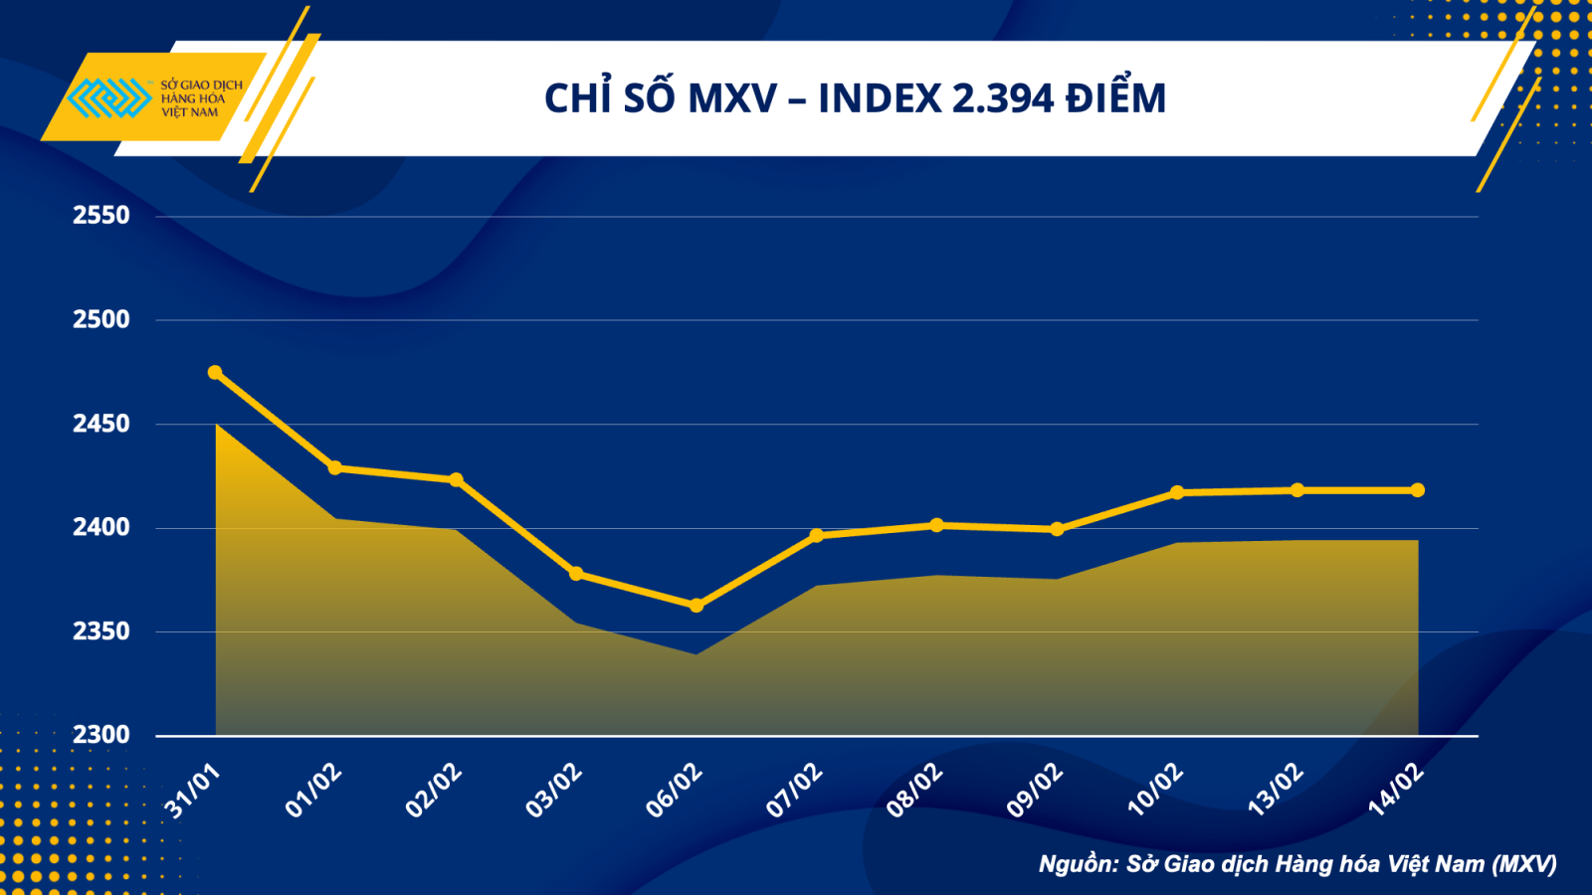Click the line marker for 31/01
(x=215, y=373)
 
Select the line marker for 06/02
(x=696, y=606)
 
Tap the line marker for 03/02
(x=576, y=574)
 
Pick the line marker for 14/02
(x=1418, y=490)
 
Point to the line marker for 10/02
(x=1177, y=492)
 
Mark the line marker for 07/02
(x=817, y=535)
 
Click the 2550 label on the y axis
(x=100, y=215)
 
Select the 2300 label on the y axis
(x=100, y=735)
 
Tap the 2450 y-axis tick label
(x=100, y=424)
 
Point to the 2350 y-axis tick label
(x=100, y=631)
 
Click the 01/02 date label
(x=313, y=792)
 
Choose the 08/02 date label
(x=914, y=792)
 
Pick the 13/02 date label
(x=1276, y=792)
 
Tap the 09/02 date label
(x=1035, y=792)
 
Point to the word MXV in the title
(x=732, y=98)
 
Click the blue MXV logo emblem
(x=108, y=98)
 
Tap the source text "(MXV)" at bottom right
(x=1524, y=864)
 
